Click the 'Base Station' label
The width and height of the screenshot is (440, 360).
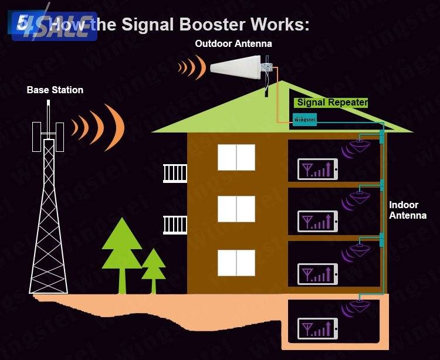point(55,90)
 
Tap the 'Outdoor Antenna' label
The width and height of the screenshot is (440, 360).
point(233,44)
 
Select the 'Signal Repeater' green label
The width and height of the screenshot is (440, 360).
point(331,103)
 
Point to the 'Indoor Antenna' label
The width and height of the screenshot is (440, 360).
point(407,210)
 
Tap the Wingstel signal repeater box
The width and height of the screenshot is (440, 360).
point(304,120)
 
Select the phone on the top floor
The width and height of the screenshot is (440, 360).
point(318,169)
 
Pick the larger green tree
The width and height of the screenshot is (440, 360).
point(122,255)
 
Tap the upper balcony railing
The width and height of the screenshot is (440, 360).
point(175,173)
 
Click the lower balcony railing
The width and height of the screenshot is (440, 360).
point(175,225)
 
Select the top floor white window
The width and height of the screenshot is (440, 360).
point(236,157)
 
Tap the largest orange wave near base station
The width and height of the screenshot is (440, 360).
point(116,126)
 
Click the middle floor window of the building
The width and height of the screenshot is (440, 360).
point(236,209)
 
